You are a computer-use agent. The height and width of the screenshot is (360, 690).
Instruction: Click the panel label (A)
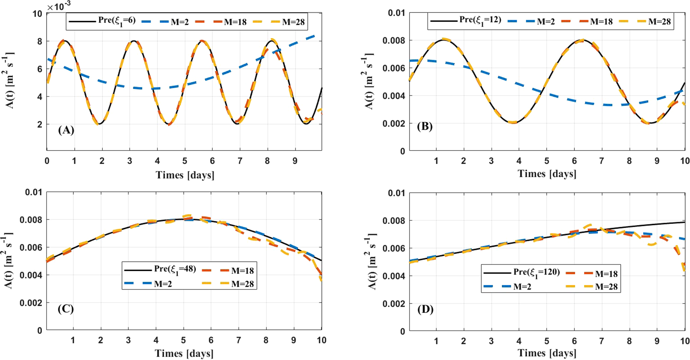[x=66, y=130]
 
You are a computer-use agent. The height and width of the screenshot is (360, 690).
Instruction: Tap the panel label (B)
[x=425, y=126]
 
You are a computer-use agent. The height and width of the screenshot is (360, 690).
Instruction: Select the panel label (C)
[x=65, y=309]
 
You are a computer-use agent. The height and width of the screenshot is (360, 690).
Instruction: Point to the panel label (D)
[x=425, y=309]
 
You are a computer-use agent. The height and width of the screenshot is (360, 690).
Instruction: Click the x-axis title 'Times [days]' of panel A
[x=185, y=175]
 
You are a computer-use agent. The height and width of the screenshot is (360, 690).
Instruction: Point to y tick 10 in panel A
[x=37, y=14]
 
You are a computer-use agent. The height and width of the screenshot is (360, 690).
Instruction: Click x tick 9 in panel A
[x=295, y=161]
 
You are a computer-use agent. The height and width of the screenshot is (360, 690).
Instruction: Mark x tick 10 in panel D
[x=684, y=341]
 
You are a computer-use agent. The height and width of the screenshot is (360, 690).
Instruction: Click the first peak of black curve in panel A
[x=64, y=41]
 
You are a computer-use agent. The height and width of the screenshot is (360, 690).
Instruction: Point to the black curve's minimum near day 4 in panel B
[x=512, y=122]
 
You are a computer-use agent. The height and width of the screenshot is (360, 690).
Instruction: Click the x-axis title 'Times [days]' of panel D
[x=547, y=353]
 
